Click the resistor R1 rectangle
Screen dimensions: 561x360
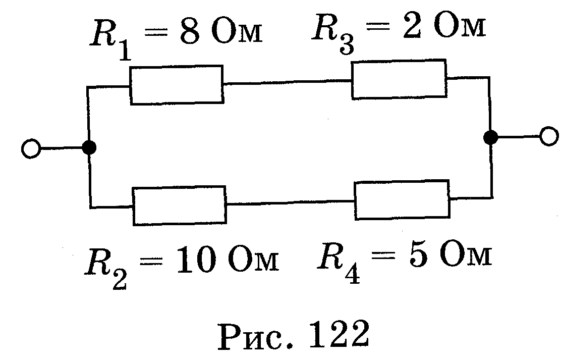[x=176, y=85]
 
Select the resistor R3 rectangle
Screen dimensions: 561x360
[x=399, y=79]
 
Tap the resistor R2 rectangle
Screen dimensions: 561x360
[x=179, y=205]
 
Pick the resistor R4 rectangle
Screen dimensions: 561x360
[x=402, y=200]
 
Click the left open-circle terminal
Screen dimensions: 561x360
[x=31, y=149]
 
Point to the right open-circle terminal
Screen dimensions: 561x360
[x=548, y=136]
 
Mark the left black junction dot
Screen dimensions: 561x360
[x=89, y=147]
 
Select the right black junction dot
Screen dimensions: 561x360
[x=490, y=137]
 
